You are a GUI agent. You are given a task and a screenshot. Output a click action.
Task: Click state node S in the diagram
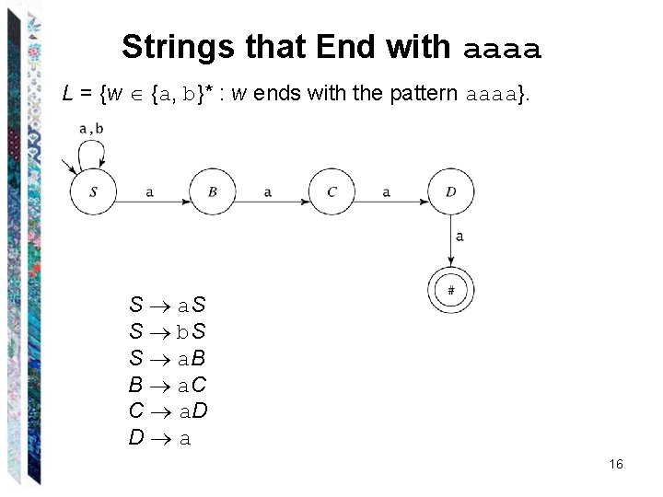(93, 191)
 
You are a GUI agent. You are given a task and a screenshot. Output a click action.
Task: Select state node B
(212, 191)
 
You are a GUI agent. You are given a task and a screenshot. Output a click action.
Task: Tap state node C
(331, 191)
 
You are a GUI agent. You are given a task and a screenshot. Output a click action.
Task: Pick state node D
(451, 191)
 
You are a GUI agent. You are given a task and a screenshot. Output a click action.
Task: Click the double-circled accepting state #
(451, 291)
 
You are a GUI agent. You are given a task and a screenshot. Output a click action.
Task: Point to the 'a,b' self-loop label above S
(91, 129)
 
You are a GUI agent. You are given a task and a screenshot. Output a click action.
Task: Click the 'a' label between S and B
(150, 191)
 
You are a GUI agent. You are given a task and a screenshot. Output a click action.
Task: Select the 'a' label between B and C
(268, 191)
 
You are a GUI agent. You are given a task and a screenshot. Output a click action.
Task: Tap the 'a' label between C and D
(387, 191)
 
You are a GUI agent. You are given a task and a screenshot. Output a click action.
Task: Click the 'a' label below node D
(459, 237)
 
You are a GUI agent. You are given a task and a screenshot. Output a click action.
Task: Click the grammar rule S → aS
(168, 305)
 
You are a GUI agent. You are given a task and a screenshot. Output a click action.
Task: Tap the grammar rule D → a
(160, 438)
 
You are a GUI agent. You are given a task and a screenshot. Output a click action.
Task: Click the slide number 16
(616, 464)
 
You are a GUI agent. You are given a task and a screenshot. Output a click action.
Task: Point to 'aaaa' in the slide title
(503, 48)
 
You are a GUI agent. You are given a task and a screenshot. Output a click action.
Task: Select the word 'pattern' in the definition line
(432, 93)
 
